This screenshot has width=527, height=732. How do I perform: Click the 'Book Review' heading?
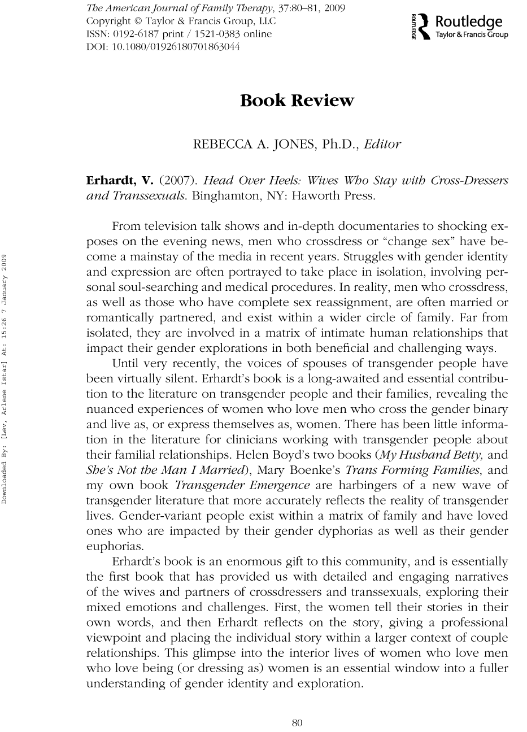(x=297, y=101)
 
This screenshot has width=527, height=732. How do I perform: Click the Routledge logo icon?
(x=425, y=26)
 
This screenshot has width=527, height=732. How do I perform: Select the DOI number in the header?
(x=163, y=47)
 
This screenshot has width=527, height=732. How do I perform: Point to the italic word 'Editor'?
(x=382, y=143)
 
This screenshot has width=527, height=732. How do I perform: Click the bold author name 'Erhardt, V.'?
(x=119, y=181)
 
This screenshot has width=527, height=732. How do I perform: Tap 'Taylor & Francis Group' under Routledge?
(x=472, y=35)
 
